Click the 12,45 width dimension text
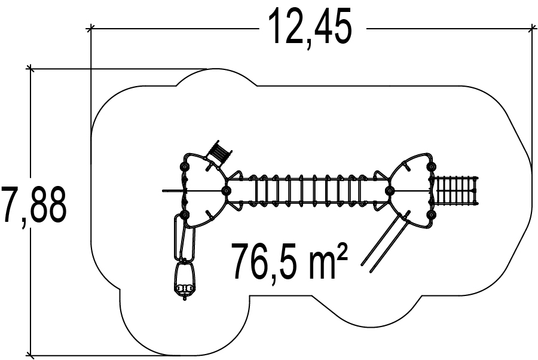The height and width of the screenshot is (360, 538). coord(310,28)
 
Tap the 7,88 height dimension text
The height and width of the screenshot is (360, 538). coord(33,206)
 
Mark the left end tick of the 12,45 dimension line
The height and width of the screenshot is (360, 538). coord(91,28)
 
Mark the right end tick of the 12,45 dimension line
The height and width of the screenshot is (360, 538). coord(533,28)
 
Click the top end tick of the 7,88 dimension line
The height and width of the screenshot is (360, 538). coord(30,69)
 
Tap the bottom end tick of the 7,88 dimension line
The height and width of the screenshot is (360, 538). coord(30,355)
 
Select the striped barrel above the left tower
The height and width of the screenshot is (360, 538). coord(219,153)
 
